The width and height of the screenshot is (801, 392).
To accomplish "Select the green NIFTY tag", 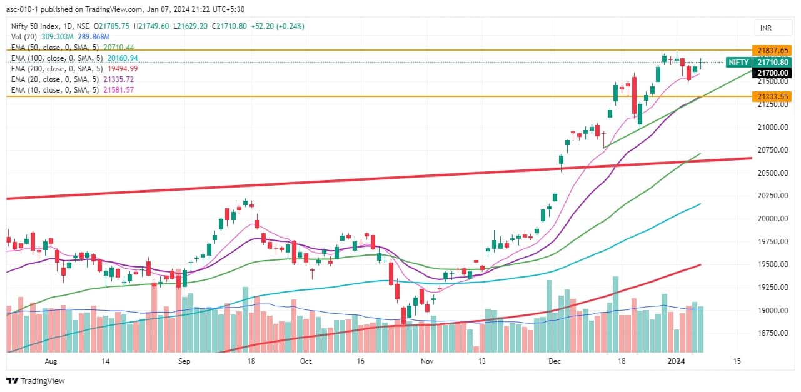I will [x=738, y=63].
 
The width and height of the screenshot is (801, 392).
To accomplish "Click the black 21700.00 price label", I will [x=772, y=73].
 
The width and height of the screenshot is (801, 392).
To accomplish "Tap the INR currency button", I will [x=765, y=28].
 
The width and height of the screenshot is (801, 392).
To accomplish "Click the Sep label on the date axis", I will [x=184, y=361].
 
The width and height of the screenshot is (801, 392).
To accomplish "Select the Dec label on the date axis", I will [x=554, y=361].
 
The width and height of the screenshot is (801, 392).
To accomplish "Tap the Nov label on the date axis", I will [x=426, y=361].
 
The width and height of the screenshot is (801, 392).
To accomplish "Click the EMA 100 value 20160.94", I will [x=123, y=58].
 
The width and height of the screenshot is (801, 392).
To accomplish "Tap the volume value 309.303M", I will [x=54, y=37].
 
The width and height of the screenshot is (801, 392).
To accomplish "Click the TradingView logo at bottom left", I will [x=36, y=381].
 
